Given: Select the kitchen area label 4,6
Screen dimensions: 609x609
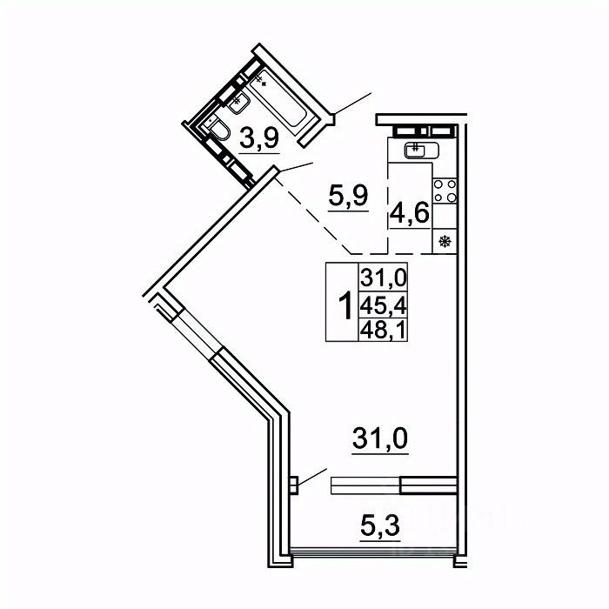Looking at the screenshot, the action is tap(410, 212).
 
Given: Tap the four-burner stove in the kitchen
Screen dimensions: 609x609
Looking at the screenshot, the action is tap(445, 191).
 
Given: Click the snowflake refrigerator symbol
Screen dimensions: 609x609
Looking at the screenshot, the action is tap(445, 241).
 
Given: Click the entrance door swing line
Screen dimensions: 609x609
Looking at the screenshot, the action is tap(352, 104).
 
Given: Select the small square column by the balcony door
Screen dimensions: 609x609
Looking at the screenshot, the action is tap(295, 483).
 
